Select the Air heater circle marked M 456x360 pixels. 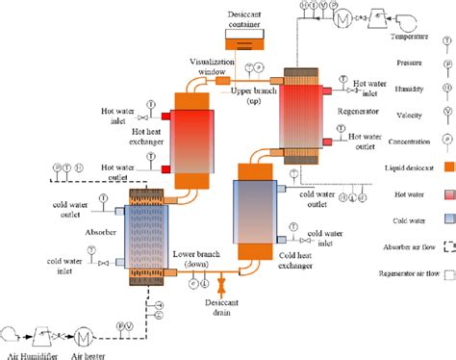84,335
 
